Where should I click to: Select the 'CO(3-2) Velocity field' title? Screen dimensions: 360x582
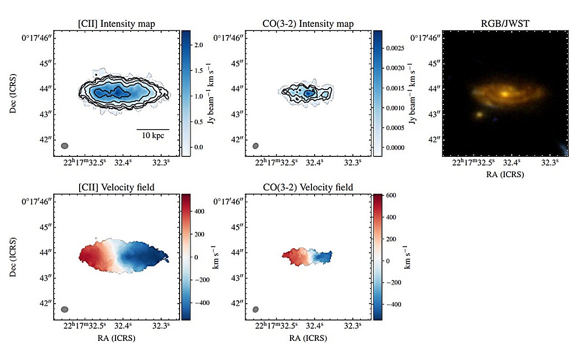click(309, 187)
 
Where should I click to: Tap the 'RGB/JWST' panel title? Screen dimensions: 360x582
click(505, 24)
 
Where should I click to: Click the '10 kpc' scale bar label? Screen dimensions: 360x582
click(153, 135)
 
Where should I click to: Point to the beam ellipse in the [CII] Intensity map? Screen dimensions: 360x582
click(65, 146)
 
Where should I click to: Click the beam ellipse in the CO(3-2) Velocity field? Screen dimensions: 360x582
click(256, 310)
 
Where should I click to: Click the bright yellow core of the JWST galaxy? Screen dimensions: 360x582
click(505, 94)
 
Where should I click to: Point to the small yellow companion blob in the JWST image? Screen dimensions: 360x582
click(479, 115)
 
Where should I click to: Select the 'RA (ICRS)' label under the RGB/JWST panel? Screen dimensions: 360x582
click(505, 174)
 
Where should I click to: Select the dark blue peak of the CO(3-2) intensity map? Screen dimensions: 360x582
click(309, 93)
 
